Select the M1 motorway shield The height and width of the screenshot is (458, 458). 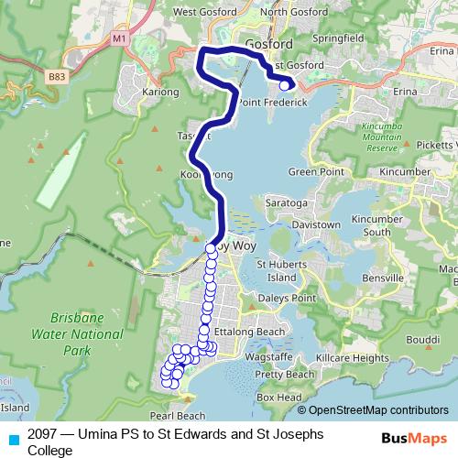pyautogui.click(x=119, y=39)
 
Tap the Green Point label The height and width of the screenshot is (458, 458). pyautogui.click(x=314, y=172)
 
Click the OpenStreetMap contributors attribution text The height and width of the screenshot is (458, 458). pyautogui.click(x=378, y=410)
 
